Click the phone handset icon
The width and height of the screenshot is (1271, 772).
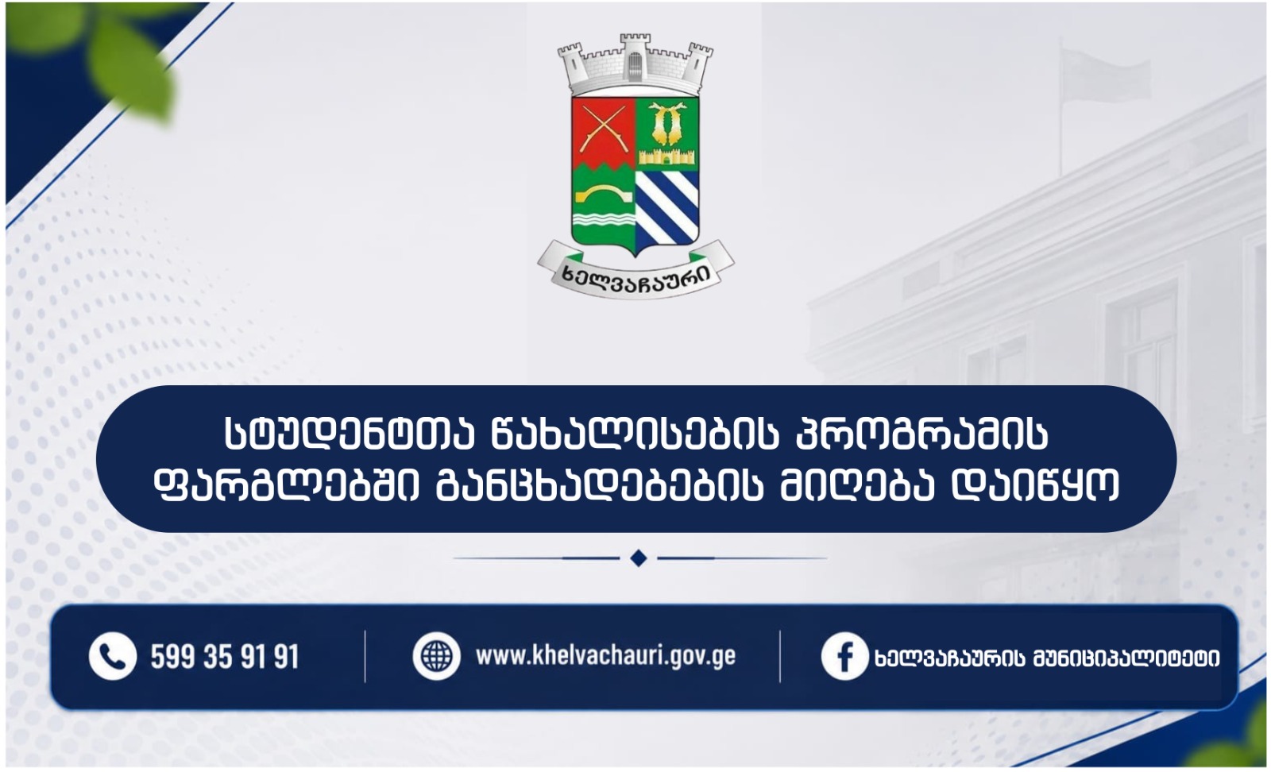[112, 656]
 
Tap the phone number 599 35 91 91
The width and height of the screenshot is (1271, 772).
[225, 657]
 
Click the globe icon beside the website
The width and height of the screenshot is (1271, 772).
[436, 656]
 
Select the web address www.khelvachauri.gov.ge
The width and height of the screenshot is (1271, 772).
[605, 656]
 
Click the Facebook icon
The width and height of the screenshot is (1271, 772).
[844, 656]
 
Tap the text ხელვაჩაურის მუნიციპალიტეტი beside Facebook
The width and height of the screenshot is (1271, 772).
[1048, 658]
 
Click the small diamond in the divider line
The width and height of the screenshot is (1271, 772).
[639, 558]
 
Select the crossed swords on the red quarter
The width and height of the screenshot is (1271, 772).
[604, 129]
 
